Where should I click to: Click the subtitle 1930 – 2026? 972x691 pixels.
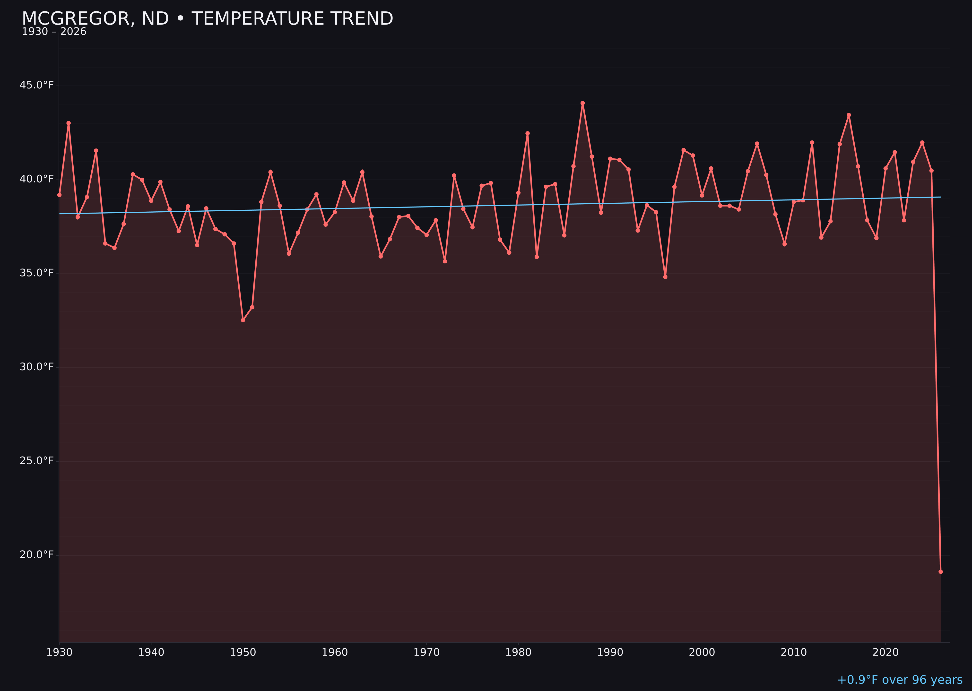(54, 32)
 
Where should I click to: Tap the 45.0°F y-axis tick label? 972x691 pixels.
(37, 85)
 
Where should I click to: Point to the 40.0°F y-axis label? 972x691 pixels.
(37, 179)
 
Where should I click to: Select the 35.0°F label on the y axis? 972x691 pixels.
(37, 273)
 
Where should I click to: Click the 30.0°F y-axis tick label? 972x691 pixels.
(37, 367)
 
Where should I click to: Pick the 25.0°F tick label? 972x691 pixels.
(37, 461)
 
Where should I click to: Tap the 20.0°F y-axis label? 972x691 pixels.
(37, 555)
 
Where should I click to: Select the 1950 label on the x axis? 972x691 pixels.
(243, 652)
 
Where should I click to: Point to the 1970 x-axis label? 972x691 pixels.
(426, 652)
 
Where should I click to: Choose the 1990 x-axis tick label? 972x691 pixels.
(610, 652)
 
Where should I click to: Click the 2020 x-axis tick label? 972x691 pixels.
(885, 652)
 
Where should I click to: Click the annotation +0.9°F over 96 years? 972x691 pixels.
(900, 680)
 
